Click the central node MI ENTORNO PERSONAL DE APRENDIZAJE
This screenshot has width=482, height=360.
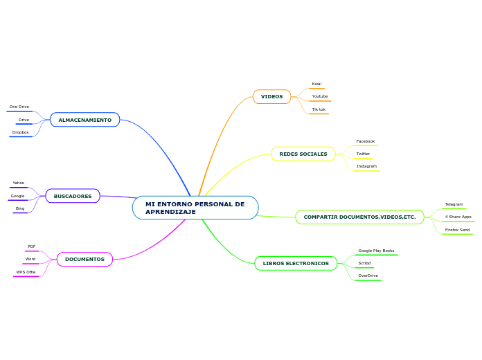pyautogui.click(x=195, y=208)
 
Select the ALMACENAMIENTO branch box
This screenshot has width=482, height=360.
pyautogui.click(x=84, y=120)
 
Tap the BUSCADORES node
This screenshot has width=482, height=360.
pyautogui.click(x=73, y=196)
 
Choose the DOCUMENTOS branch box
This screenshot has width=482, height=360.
pyautogui.click(x=84, y=260)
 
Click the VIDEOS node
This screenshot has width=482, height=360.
pyautogui.click(x=271, y=97)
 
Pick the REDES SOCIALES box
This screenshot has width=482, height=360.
pyautogui.click(x=303, y=154)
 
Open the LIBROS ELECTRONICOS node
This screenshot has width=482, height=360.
pyautogui.click(x=296, y=263)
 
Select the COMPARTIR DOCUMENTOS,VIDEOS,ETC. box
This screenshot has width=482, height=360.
pyautogui.click(x=359, y=217)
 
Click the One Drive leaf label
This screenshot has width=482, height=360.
pyautogui.click(x=19, y=107)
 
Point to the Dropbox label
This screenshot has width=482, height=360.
pyautogui.click(x=21, y=132)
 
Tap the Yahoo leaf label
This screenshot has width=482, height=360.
pyautogui.click(x=19, y=183)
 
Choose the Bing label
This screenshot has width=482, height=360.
pyautogui.click(x=20, y=208)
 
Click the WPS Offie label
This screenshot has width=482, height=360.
pyautogui.click(x=26, y=272)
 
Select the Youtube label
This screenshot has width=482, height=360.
pyautogui.click(x=320, y=96)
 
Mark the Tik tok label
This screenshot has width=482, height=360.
pyautogui.click(x=319, y=109)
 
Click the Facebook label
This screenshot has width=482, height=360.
pyautogui.click(x=366, y=141)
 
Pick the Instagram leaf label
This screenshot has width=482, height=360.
pyautogui.click(x=366, y=166)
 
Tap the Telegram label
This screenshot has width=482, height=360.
pyautogui.click(x=454, y=204)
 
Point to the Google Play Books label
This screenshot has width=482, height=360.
pyautogui.click(x=376, y=251)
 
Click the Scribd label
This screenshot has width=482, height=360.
pyautogui.click(x=364, y=263)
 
